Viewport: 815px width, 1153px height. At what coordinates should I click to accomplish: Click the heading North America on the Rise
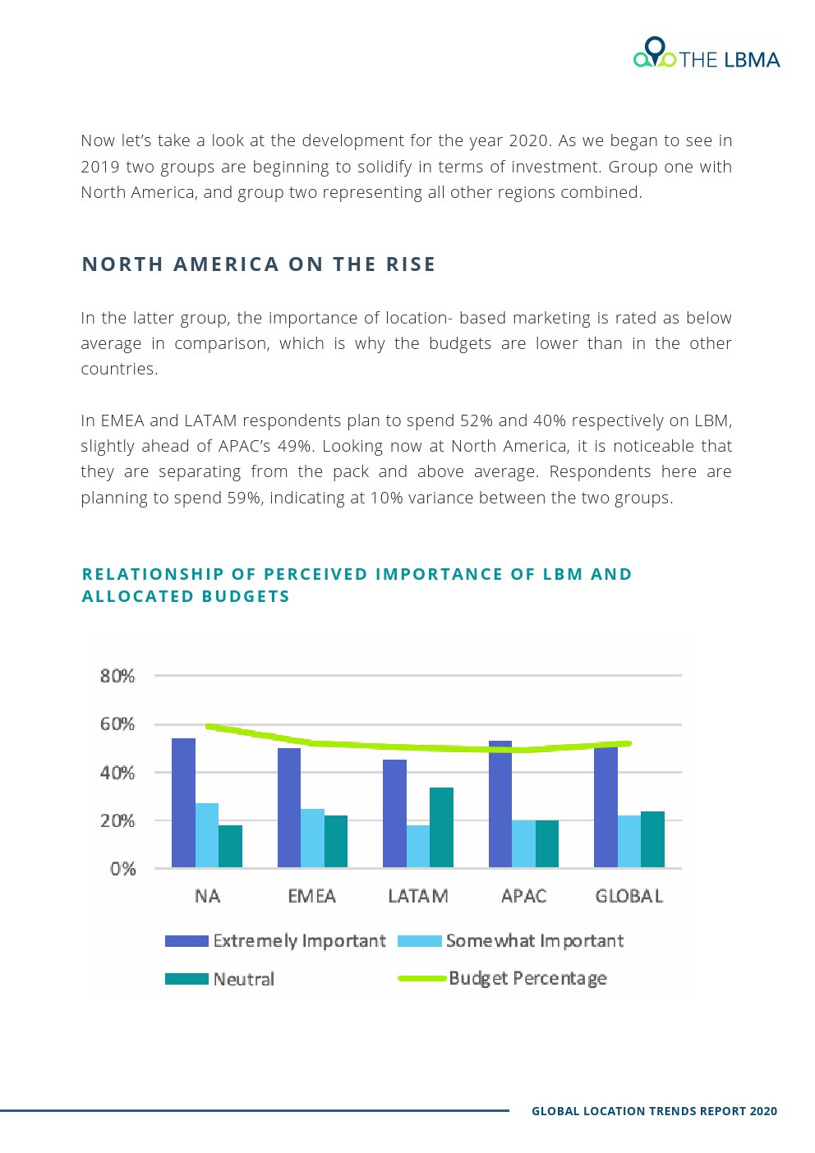259,264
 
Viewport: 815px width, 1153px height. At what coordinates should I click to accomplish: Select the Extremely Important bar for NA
183,802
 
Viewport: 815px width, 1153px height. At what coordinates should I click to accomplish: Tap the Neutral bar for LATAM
441,827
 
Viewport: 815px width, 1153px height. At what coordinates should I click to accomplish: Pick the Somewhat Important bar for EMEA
312,838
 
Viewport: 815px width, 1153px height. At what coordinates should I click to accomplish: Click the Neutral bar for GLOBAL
652,838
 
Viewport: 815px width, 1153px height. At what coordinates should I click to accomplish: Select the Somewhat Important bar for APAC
523,843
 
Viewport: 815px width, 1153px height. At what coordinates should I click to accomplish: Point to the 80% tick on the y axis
117,676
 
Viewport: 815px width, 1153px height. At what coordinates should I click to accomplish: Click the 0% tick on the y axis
122,869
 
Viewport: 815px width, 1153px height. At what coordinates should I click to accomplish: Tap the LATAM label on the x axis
418,896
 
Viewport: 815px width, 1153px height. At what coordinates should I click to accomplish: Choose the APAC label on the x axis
523,896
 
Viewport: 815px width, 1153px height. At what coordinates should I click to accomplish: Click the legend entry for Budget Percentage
527,978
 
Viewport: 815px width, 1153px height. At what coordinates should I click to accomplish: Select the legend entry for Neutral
243,979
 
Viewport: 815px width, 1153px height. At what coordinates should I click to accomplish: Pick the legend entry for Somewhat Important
534,941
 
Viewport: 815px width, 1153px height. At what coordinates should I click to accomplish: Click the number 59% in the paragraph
244,498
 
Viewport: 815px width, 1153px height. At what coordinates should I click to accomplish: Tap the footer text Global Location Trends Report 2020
654,1111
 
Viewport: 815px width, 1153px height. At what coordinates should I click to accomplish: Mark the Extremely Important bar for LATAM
394,813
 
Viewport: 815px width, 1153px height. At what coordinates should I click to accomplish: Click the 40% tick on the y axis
117,773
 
